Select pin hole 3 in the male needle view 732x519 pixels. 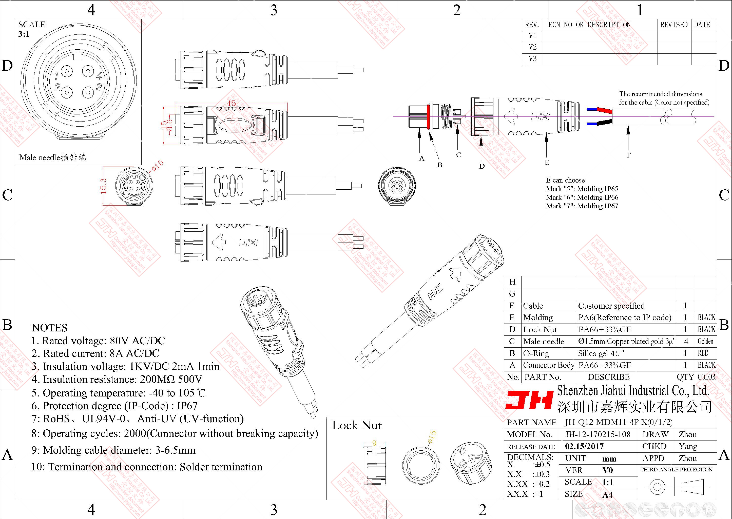pyautogui.click(x=88, y=92)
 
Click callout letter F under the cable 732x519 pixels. pyautogui.click(x=629, y=155)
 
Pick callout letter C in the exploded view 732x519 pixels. pyautogui.click(x=458, y=155)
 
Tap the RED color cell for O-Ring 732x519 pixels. pyautogui.click(x=703, y=353)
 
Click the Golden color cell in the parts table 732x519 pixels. pyautogui.click(x=705, y=341)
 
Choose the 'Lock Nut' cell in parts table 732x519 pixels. pyautogui.click(x=540, y=329)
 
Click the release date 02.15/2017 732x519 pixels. pyautogui.click(x=584, y=446)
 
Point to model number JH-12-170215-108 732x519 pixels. pyautogui.click(x=598, y=434)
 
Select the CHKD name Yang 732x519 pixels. pyautogui.click(x=688, y=446)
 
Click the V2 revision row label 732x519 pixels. pyautogui.click(x=533, y=47)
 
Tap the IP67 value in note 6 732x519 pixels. pyautogui.click(x=187, y=406)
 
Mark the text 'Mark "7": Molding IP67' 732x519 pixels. pyautogui.click(x=582, y=206)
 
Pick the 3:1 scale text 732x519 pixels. pyautogui.click(x=24, y=34)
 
